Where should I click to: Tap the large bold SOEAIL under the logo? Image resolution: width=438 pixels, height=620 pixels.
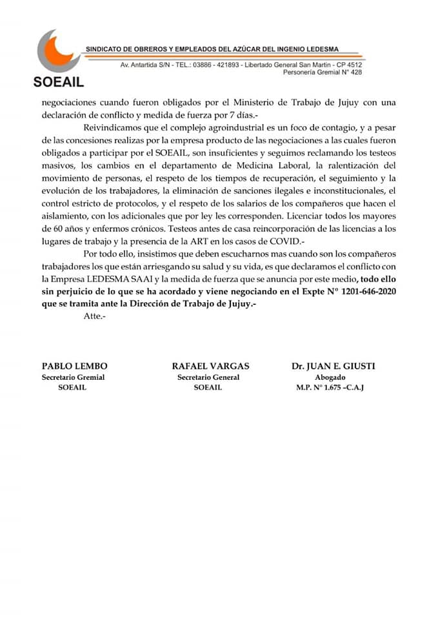(x=57, y=83)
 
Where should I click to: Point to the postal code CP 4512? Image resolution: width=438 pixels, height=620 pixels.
(x=349, y=65)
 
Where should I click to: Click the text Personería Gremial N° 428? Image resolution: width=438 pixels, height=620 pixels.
(x=323, y=72)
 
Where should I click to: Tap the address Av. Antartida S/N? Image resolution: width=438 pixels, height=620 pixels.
(x=144, y=65)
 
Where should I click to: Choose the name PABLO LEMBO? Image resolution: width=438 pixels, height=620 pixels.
(x=70, y=366)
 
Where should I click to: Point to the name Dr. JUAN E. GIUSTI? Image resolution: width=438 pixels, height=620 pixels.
(x=333, y=366)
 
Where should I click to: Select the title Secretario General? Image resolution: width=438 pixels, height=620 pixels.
(x=208, y=377)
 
